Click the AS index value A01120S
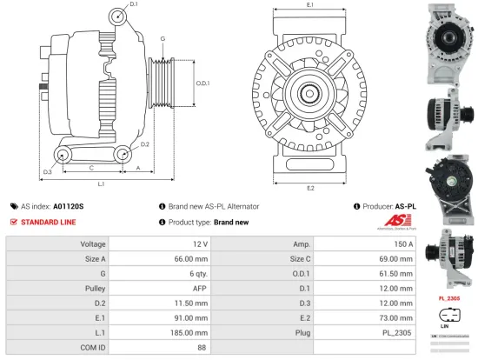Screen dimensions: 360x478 tap(69, 206)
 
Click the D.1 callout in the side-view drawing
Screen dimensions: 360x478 tap(133, 5)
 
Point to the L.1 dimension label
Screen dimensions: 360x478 tap(101, 184)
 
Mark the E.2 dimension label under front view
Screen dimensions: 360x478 tap(310, 188)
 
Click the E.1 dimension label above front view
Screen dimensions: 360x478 tap(310, 6)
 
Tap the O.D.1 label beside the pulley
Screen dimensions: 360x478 tap(202, 83)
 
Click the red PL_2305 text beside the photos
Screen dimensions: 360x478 tap(448, 297)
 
